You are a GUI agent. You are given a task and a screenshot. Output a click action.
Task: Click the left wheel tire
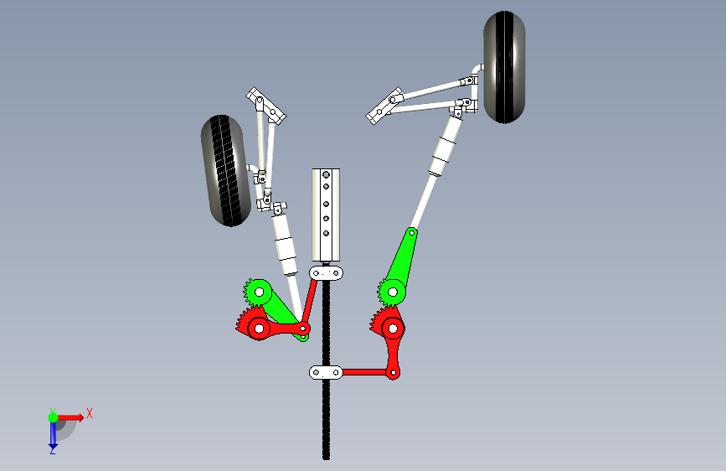(x=225, y=171)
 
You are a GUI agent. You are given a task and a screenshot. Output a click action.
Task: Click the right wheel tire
(x=504, y=67)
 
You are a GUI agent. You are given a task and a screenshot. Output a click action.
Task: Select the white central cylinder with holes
(x=326, y=215)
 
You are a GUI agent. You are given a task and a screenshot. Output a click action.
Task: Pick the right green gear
(x=392, y=292)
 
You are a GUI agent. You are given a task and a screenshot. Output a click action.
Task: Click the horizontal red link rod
(x=365, y=372)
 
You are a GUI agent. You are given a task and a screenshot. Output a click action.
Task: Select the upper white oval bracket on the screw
(x=326, y=273)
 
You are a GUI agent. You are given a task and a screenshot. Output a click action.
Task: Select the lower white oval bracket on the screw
(x=326, y=372)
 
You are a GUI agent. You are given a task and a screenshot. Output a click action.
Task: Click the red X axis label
(x=90, y=413)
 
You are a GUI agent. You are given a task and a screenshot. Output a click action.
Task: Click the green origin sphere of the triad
(x=54, y=417)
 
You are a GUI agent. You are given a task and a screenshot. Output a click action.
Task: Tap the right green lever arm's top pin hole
(x=412, y=232)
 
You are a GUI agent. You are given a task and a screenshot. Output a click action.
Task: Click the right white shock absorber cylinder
(x=445, y=146)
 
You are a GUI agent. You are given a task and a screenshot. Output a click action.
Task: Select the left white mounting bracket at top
(x=266, y=106)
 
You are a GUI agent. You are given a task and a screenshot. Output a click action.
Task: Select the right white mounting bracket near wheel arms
(x=384, y=106)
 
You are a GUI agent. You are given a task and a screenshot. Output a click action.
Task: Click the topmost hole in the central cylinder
(x=326, y=175)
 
